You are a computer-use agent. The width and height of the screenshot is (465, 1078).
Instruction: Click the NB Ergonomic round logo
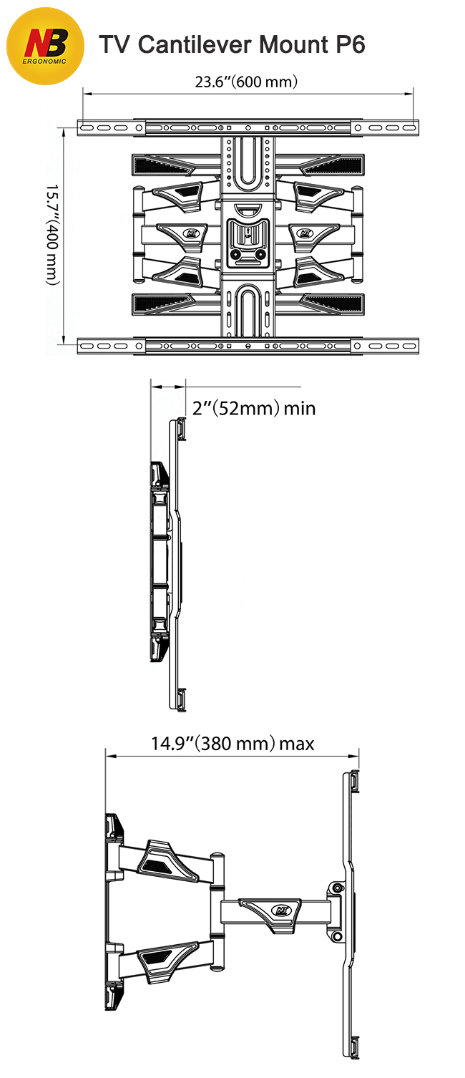click(45, 47)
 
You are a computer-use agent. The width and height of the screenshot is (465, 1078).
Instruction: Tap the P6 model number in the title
click(350, 45)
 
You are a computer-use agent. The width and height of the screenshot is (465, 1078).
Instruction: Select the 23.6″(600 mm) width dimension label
click(246, 82)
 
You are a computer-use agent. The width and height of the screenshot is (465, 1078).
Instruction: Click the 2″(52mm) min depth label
click(254, 409)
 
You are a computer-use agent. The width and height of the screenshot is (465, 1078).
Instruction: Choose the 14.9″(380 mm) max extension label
click(232, 744)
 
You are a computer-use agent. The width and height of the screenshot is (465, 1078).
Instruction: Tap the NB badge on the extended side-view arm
click(282, 910)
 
